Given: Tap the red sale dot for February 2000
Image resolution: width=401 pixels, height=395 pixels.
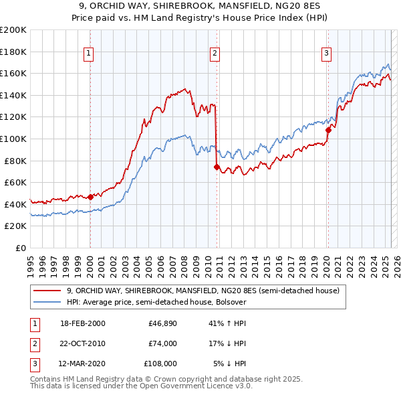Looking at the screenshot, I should click(90, 197).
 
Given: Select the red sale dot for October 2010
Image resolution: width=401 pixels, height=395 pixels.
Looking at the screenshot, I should click(217, 167).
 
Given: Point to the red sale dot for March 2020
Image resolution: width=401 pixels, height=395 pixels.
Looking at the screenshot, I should click(328, 131).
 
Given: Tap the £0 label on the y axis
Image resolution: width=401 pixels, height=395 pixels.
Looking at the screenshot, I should click(21, 248).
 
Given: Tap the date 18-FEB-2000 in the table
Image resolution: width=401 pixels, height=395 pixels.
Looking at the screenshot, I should click(82, 323).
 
